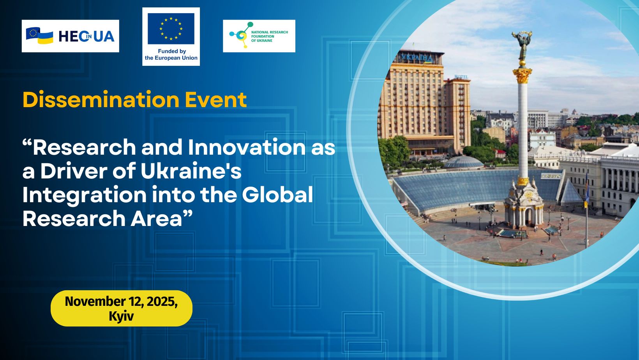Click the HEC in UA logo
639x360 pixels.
point(71,36)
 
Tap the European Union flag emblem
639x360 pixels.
point(171,28)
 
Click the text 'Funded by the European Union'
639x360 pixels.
point(171,55)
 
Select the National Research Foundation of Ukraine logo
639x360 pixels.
point(259,36)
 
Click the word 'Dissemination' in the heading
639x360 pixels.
point(101,100)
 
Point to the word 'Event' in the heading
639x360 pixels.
point(216,100)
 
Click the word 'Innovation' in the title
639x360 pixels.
point(247,147)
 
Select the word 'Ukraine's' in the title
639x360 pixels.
point(191,171)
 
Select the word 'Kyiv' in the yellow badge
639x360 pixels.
point(121,316)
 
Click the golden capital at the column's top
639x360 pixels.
point(522,75)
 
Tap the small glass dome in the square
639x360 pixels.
point(464,162)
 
